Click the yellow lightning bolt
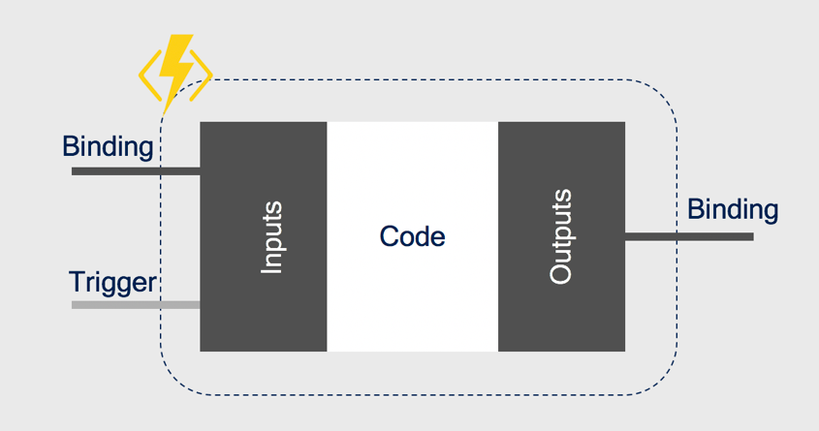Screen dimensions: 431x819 point(176,68)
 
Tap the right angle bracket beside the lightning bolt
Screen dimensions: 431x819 point(202,74)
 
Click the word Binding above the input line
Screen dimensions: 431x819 point(108,147)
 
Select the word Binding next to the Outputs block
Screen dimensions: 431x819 point(733,209)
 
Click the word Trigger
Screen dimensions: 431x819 point(112,282)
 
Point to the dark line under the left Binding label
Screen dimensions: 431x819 point(136,171)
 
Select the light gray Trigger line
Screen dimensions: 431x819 point(136,305)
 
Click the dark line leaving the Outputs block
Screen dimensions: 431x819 point(688,236)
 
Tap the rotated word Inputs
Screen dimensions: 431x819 point(272,236)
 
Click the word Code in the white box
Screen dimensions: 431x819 point(412,236)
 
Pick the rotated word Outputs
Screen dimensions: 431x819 point(561,236)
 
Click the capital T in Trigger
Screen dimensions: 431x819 point(77,282)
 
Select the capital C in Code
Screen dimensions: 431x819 point(388,236)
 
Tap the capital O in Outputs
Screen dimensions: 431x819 point(561,274)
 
